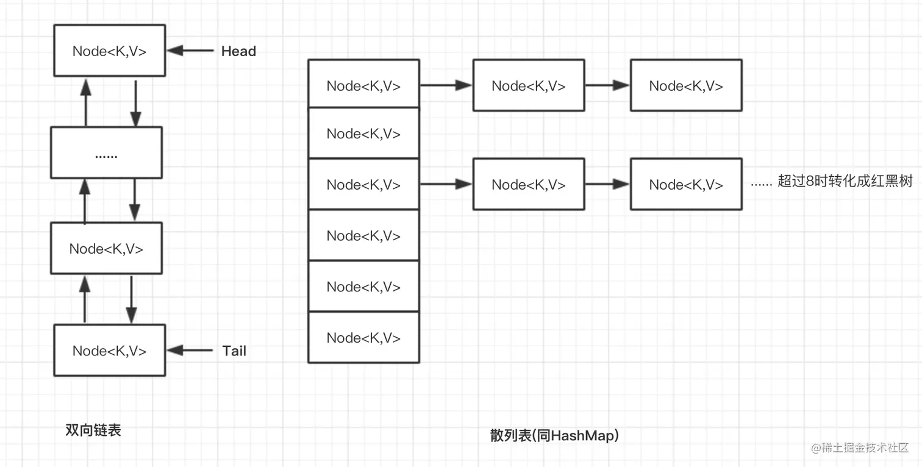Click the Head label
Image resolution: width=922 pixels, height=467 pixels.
(x=238, y=51)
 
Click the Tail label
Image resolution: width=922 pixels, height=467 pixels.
(x=234, y=351)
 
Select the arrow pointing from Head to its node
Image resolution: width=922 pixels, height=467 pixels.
(x=191, y=51)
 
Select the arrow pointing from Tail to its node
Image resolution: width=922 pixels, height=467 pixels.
(x=191, y=350)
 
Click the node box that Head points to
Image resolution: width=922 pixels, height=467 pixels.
(x=109, y=51)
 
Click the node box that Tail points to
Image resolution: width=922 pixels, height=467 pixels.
(x=109, y=350)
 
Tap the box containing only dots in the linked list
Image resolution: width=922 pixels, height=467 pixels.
(x=106, y=153)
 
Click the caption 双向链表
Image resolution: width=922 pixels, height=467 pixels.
(x=93, y=430)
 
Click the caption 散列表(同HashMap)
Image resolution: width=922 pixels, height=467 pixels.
(x=554, y=435)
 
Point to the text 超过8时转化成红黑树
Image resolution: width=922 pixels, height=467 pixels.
(x=844, y=182)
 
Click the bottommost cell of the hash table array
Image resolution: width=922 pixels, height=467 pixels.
(x=363, y=337)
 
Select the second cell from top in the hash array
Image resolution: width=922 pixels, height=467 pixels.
(x=363, y=134)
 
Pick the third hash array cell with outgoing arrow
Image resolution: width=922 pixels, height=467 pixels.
(x=363, y=184)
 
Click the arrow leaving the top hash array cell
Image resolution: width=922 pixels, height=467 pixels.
(x=446, y=85)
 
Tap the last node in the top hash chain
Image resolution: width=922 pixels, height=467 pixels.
(x=686, y=85)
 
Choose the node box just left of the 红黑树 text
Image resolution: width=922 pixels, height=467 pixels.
(x=686, y=184)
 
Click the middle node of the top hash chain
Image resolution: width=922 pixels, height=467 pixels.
(x=529, y=85)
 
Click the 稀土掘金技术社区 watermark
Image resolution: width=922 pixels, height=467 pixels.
(x=860, y=447)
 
